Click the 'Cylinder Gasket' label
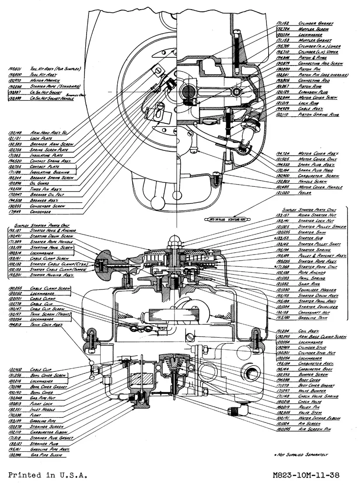[316, 23]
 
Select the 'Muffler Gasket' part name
[315, 40]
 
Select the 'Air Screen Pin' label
[315, 429]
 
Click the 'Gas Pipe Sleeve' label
[46, 455]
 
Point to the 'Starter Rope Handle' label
[51, 241]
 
